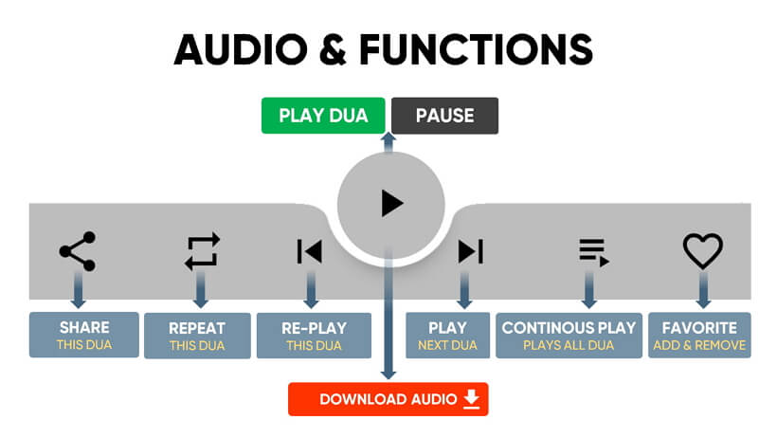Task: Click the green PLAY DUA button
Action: pyautogui.click(x=322, y=116)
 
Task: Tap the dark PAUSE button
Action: pyautogui.click(x=444, y=116)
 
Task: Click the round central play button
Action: pyautogui.click(x=391, y=202)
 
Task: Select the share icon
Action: pyautogui.click(x=78, y=251)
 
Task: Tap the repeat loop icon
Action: pyautogui.click(x=202, y=251)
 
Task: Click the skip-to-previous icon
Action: pyautogui.click(x=309, y=251)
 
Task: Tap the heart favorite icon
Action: pyautogui.click(x=703, y=251)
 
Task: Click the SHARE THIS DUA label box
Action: pyautogui.click(x=83, y=335)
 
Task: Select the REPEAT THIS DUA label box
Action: pyautogui.click(x=197, y=336)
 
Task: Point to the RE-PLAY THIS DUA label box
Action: pyautogui.click(x=314, y=336)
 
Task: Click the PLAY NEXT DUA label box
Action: pyautogui.click(x=447, y=336)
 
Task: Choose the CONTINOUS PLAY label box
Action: pyautogui.click(x=569, y=336)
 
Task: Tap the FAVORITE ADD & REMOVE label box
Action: pyautogui.click(x=699, y=336)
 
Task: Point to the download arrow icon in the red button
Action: pyautogui.click(x=471, y=399)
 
